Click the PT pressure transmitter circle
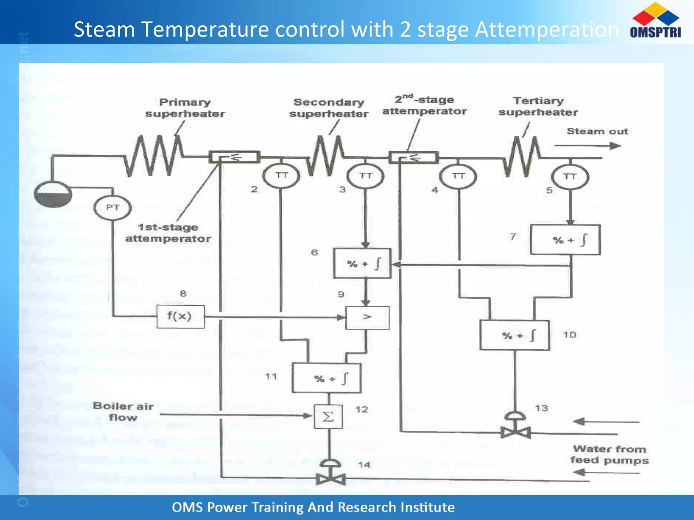pyautogui.click(x=113, y=208)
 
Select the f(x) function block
pyautogui.click(x=180, y=317)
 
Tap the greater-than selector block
pyautogui.click(x=367, y=318)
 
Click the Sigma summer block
pyautogui.click(x=328, y=417)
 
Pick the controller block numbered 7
pyautogui.click(x=565, y=240)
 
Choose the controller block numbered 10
pyautogui.click(x=514, y=335)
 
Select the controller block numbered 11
pyautogui.click(x=327, y=378)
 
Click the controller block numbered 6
pyautogui.click(x=362, y=264)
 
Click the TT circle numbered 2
pyautogui.click(x=281, y=176)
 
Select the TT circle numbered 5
pyautogui.click(x=570, y=177)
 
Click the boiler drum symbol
pyautogui.click(x=53, y=194)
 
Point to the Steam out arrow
pyautogui.click(x=588, y=146)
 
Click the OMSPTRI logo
pyautogui.click(x=655, y=20)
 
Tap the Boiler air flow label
pyautogui.click(x=123, y=411)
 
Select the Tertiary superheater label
pyautogui.click(x=538, y=106)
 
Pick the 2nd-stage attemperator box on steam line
pyautogui.click(x=413, y=157)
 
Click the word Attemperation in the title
pyautogui.click(x=547, y=29)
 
